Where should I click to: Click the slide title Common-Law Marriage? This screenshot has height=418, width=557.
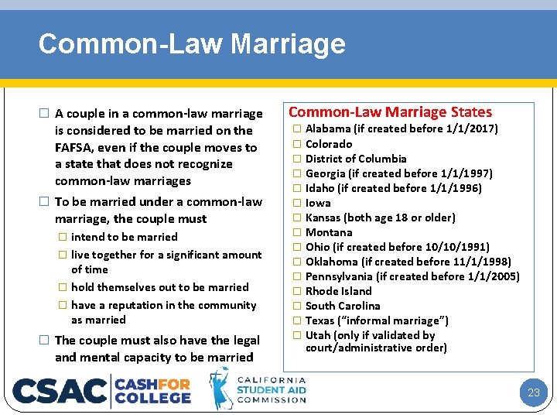coord(192,43)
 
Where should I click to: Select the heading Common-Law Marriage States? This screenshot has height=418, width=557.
coord(390,112)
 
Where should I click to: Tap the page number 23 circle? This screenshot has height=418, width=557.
coord(533,392)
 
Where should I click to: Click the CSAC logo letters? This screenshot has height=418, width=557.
coord(60,390)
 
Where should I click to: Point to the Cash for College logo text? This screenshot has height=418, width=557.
coord(153,390)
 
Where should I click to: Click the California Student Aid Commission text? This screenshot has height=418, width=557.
coord(271,389)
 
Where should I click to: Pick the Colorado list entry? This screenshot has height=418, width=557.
coord(329,144)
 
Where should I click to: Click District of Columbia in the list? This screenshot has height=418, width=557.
coord(356,159)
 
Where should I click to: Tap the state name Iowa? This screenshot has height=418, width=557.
coord(318,203)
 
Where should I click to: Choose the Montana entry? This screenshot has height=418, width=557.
coord(329,232)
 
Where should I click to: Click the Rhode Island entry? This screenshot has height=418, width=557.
coord(338,291)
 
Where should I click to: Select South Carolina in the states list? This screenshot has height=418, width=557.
coord(343,306)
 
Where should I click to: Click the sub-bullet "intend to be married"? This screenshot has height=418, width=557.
coord(124,237)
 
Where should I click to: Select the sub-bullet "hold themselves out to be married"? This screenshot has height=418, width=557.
coord(159,287)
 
